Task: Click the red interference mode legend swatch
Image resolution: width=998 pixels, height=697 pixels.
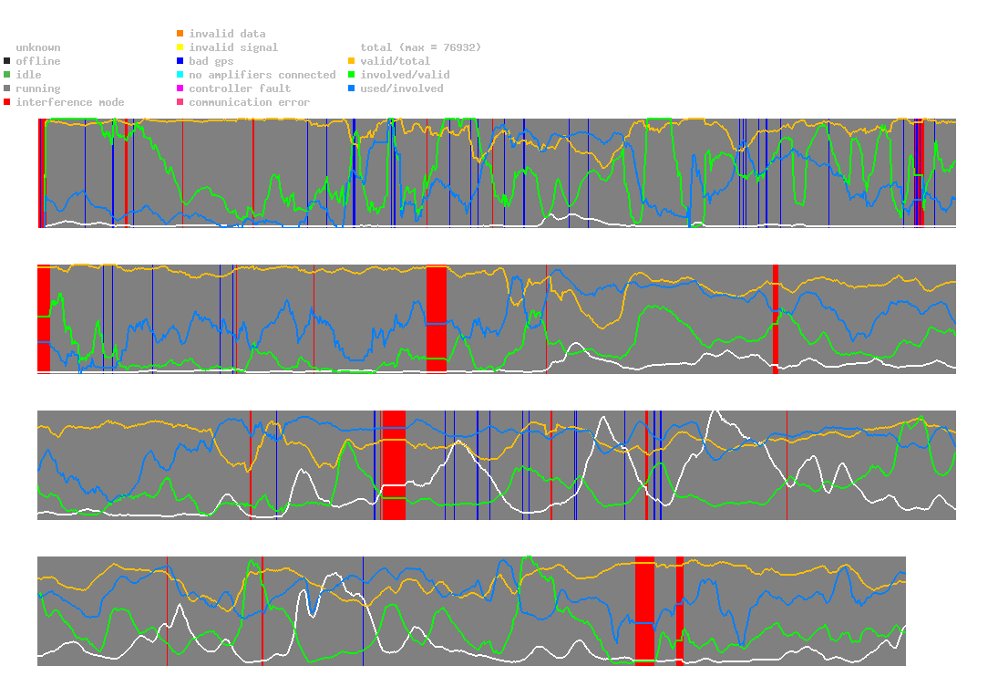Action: tap(7, 102)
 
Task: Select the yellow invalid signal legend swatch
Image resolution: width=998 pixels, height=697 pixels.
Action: tap(180, 47)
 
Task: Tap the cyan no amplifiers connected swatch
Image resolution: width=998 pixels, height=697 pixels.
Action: tap(180, 75)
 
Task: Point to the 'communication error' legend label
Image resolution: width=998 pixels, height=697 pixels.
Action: tap(249, 102)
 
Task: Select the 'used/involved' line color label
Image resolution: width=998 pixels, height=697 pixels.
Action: tap(402, 88)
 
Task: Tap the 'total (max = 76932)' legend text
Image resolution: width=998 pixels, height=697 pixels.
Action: tap(420, 47)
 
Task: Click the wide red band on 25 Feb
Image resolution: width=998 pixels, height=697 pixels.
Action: tap(437, 318)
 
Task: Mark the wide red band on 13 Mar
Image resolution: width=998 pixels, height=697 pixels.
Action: tap(644, 609)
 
